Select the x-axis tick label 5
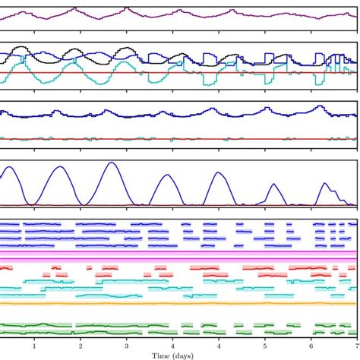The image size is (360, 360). click(264, 346)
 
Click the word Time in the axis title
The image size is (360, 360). click(161, 355)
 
